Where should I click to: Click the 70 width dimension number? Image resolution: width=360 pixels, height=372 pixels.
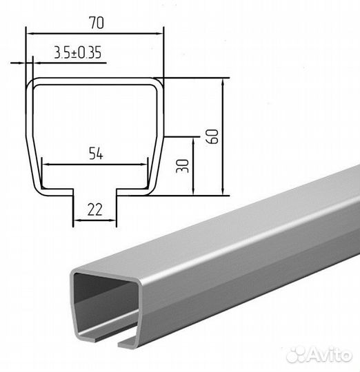(x=97, y=23)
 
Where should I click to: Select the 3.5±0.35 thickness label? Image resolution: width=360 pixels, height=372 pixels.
(x=78, y=52)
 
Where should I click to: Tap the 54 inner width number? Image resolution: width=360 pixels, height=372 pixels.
(x=96, y=153)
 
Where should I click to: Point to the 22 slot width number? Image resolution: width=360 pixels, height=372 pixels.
(x=95, y=209)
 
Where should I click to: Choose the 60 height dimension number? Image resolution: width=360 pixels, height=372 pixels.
(x=212, y=136)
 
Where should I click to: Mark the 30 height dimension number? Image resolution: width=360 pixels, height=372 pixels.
(x=183, y=166)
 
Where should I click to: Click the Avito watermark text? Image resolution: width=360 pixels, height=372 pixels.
(x=331, y=355)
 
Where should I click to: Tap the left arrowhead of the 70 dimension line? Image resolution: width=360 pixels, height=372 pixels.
(x=30, y=34)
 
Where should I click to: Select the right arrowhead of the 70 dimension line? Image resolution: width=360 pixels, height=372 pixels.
(x=160, y=34)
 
